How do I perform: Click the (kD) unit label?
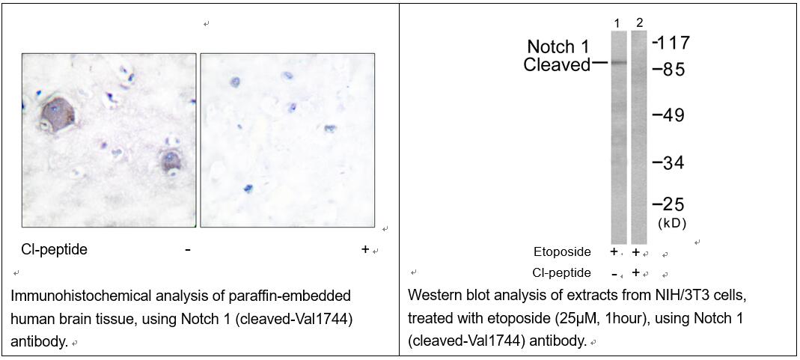click(x=672, y=223)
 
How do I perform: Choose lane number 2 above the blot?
click(x=640, y=22)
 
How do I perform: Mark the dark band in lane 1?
click(x=619, y=63)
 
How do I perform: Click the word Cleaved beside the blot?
click(x=557, y=65)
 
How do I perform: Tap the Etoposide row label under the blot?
click(x=562, y=252)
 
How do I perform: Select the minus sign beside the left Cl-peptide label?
click(x=188, y=250)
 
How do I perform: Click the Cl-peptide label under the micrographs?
click(x=54, y=249)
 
